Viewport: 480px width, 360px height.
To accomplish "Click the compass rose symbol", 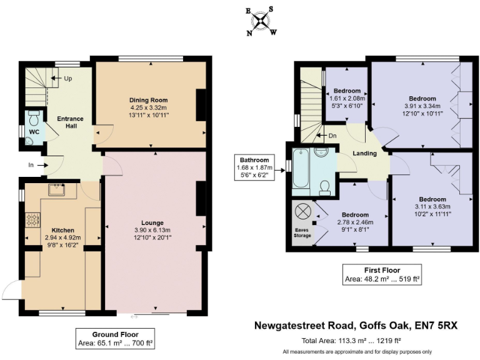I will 263,21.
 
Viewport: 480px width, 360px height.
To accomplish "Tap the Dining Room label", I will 149,100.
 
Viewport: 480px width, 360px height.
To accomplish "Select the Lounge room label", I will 152,222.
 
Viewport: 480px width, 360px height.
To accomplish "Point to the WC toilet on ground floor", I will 34,117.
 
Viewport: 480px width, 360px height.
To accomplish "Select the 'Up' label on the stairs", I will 67,79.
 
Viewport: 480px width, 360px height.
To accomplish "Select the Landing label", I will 364,153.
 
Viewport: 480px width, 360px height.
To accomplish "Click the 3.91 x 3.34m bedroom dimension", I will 421,106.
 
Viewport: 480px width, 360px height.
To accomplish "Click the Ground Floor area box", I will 115,338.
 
